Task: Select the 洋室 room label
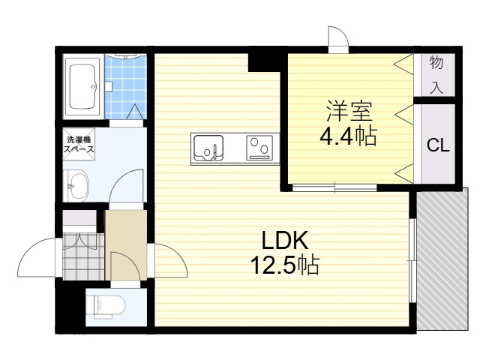coord(348,112)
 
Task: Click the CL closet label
coord(438,145)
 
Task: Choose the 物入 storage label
coord(436,75)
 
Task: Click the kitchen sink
coord(208,146)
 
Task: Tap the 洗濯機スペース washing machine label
coord(79,145)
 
